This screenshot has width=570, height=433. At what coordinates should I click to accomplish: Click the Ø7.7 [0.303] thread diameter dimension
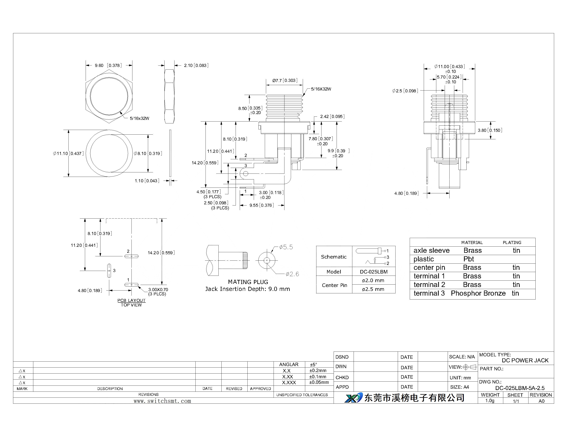[285, 80]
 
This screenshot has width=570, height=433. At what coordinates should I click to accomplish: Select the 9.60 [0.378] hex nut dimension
[108, 65]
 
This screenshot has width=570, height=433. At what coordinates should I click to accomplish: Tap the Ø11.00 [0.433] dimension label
[450, 67]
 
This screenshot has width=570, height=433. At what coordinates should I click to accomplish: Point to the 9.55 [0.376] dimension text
[262, 205]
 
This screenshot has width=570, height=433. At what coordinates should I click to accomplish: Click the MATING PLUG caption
[248, 282]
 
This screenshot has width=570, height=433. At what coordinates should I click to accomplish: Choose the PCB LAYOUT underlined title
[131, 300]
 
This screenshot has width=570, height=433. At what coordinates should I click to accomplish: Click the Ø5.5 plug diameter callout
[286, 247]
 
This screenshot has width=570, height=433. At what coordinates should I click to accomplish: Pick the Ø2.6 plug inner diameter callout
[292, 274]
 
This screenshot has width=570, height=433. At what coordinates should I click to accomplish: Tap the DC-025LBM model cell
[374, 272]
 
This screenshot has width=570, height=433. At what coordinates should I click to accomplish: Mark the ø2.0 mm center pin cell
[373, 280]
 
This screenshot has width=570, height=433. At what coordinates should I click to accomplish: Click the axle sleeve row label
[432, 251]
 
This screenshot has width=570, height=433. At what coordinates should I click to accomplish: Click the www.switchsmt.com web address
[162, 401]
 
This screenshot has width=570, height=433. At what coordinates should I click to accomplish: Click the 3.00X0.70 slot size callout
[158, 290]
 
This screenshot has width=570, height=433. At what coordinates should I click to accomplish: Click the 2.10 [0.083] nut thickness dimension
[196, 65]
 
